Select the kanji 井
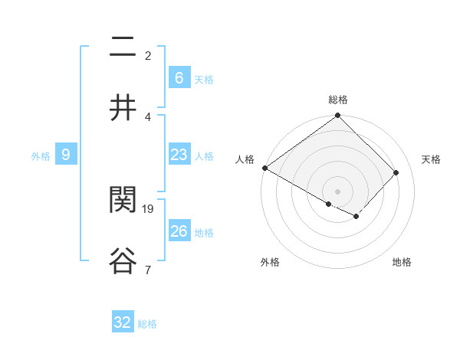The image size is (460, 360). pos(123,108)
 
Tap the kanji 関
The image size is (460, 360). pos(123,200)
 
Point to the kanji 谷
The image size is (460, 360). pos(123,260)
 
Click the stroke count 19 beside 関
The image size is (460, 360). pos(149,208)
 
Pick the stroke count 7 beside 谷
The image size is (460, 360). pos(148,269)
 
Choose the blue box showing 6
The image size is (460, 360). pos(179,78)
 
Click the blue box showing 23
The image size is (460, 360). pos(179,155)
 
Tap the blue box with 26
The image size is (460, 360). pos(179,231)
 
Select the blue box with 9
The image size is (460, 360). pos(66,155)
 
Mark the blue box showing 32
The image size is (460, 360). pos(123,322)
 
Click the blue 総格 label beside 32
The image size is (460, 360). pos(147,324)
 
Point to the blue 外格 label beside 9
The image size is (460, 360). pos(41,156)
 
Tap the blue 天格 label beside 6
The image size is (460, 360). pos(203,80)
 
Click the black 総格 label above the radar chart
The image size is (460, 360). pos(338,100)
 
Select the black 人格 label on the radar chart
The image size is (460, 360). pos(245,159)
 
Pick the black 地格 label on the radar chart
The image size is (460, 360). pos(402,263)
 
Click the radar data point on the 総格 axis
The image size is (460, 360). pos(338,116)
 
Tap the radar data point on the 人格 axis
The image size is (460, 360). pos(264,168)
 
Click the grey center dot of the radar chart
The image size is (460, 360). pos(338,191)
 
